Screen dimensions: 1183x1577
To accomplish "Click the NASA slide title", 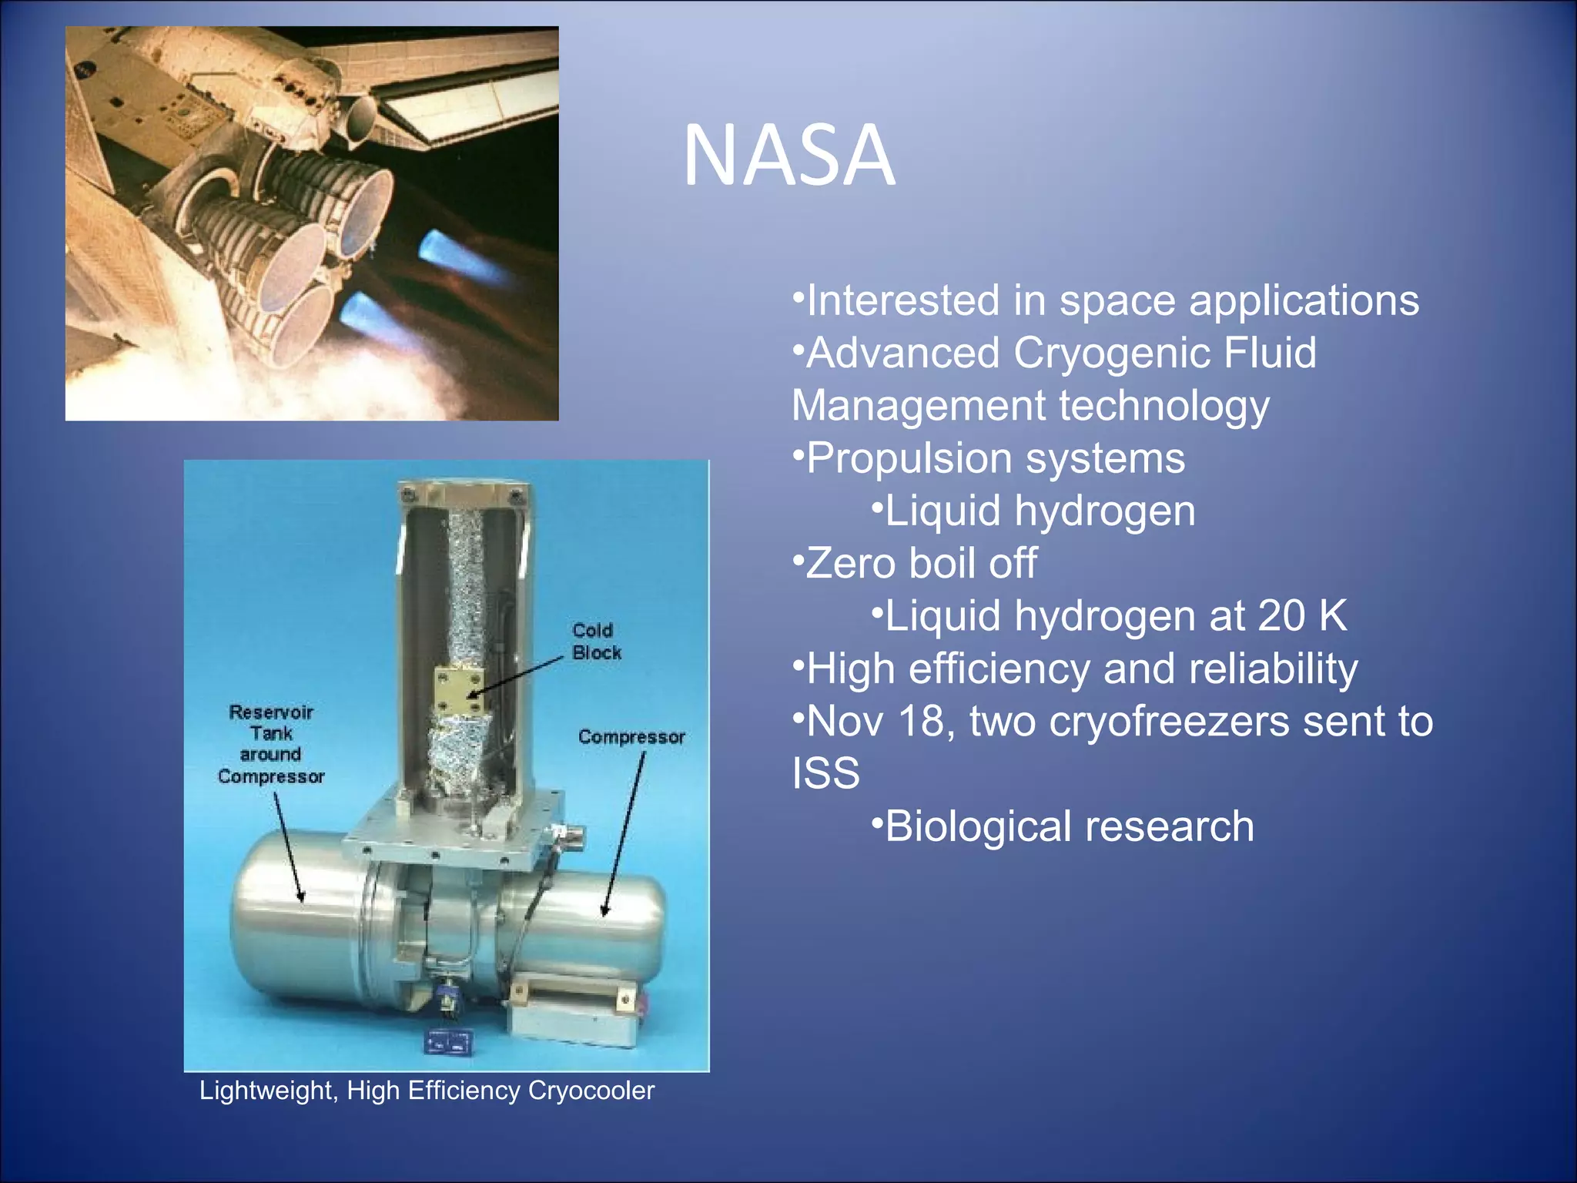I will click(x=788, y=156).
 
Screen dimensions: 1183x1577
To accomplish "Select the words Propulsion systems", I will click(x=995, y=459).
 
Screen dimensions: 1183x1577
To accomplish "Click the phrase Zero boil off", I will click(x=921, y=564).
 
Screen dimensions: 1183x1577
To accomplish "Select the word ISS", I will click(x=825, y=773).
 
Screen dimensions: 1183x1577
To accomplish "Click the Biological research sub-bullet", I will click(x=1069, y=826).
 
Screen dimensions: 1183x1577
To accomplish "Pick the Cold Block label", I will click(x=595, y=642).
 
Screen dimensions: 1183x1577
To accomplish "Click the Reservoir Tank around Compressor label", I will click(x=271, y=744).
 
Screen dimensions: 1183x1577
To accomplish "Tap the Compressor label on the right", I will click(x=631, y=737).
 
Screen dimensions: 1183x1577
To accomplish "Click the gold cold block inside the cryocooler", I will click(x=459, y=691).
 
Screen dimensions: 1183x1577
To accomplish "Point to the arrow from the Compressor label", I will click(x=624, y=832).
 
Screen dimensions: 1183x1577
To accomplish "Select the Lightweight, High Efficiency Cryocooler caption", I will click(x=427, y=1091).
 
